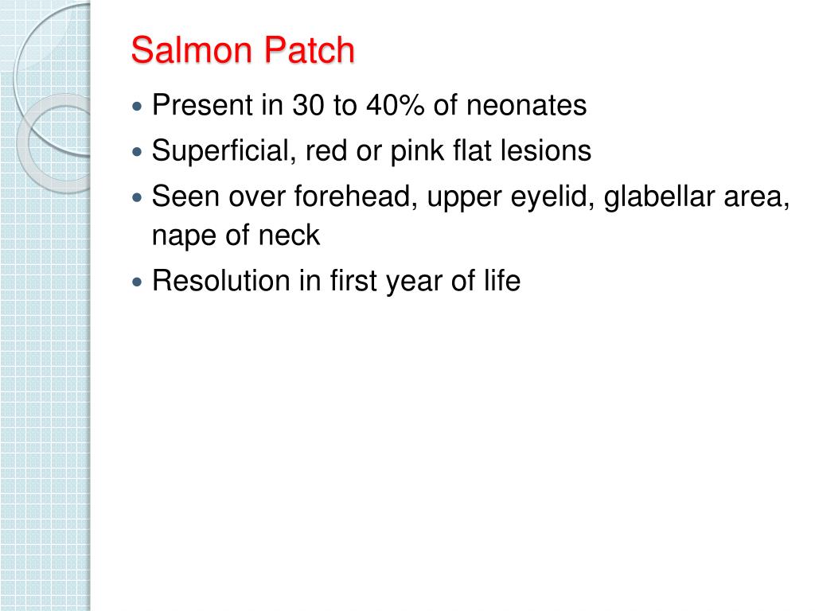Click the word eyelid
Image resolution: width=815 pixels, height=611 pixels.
[x=556, y=197]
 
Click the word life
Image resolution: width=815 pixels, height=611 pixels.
[x=500, y=281]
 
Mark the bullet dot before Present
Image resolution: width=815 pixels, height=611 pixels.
[x=138, y=106]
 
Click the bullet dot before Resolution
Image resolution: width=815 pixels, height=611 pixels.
[x=138, y=282]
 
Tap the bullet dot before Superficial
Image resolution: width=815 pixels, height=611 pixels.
[x=138, y=151]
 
